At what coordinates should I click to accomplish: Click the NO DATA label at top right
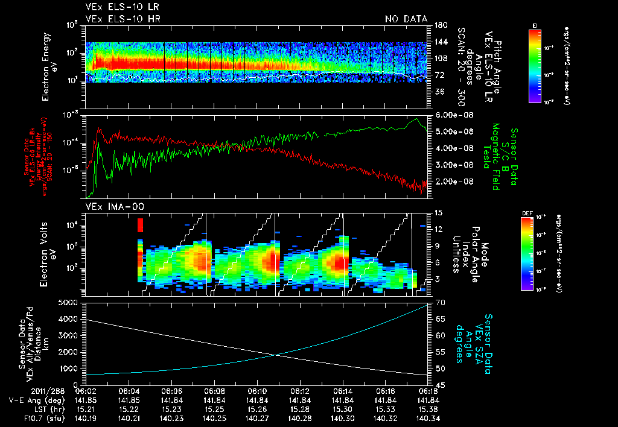[406, 19]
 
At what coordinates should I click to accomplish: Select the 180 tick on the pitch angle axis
[440, 25]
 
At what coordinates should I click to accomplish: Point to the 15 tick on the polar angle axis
[438, 212]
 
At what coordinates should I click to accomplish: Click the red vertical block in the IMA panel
[140, 225]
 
